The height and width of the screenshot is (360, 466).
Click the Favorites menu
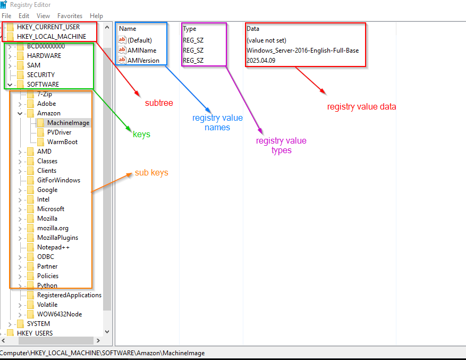[x=70, y=16]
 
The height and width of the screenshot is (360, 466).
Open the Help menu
[x=96, y=16]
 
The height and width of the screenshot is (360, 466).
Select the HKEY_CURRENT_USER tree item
[x=48, y=27]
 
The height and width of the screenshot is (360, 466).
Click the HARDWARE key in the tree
[x=44, y=56]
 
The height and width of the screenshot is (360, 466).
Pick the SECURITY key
[x=41, y=74]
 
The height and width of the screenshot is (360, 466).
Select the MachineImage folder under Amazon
[x=68, y=123]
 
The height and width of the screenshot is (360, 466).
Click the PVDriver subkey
[x=59, y=132]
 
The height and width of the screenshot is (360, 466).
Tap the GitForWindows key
[x=58, y=180]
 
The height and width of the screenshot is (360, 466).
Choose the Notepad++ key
[x=53, y=247]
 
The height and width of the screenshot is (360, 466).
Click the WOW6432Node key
[x=60, y=314]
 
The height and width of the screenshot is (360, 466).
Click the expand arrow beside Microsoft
[x=20, y=210]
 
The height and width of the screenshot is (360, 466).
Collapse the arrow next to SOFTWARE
[x=10, y=85]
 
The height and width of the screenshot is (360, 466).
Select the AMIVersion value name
[x=143, y=61]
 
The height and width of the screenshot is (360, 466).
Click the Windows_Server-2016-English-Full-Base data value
[x=302, y=51]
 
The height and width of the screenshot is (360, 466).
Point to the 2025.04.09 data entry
[x=261, y=61]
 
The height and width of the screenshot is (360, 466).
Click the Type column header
[x=189, y=29]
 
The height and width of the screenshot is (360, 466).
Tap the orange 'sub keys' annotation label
[x=151, y=173]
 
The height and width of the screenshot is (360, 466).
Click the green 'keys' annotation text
[x=141, y=134]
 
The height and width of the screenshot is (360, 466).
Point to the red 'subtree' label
[x=159, y=103]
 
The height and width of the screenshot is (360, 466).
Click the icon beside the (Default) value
[x=122, y=40]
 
